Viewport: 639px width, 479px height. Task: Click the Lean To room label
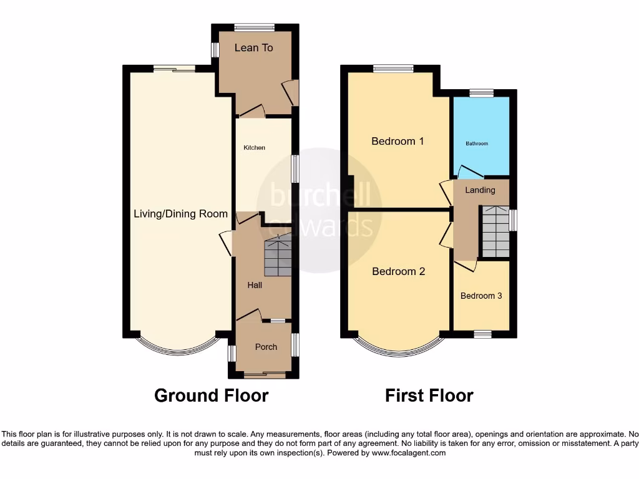(253, 48)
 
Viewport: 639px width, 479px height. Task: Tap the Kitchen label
(254, 148)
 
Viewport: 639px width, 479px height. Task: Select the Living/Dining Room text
(181, 214)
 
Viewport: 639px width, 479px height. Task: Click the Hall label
(254, 285)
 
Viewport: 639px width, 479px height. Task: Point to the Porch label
(266, 347)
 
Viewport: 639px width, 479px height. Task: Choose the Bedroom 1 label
(398, 141)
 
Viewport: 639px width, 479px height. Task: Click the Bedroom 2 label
(399, 271)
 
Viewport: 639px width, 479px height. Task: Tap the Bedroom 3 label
(481, 296)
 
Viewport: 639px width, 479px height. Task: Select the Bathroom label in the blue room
(477, 144)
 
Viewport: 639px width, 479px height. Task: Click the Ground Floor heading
(211, 395)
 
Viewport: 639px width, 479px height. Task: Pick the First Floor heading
(429, 395)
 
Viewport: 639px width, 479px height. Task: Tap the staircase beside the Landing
(495, 231)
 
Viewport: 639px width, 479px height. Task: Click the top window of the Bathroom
(481, 93)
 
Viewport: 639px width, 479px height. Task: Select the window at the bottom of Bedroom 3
(482, 334)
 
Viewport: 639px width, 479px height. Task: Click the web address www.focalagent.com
(409, 453)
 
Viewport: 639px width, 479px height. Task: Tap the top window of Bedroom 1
(393, 69)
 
